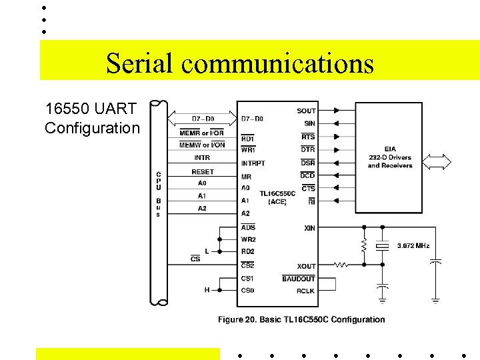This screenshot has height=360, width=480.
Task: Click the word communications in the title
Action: [277, 63]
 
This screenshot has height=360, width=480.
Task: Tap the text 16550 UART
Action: [91, 108]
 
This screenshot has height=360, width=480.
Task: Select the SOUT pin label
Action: [306, 111]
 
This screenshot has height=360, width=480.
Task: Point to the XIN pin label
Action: [309, 228]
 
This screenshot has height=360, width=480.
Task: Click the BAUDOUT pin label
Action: [298, 279]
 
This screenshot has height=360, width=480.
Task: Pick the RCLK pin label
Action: [305, 291]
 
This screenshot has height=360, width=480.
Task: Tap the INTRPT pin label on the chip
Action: [253, 163]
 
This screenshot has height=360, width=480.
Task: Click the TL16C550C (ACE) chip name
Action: [277, 197]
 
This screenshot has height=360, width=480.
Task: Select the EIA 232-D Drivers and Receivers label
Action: [389, 157]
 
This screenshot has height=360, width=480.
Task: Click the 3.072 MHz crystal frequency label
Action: [413, 246]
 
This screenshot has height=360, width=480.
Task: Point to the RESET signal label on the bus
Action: [202, 172]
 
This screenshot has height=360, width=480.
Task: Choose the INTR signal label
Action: [202, 158]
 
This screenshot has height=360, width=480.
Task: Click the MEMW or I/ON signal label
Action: [202, 145]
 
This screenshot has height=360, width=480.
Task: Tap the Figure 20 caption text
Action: [301, 319]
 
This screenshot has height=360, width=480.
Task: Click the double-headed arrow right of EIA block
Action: [437, 162]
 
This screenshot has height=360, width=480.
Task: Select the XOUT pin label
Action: [307, 266]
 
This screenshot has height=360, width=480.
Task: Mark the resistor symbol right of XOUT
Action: [341, 265]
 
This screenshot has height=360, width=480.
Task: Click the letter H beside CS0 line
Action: [207, 290]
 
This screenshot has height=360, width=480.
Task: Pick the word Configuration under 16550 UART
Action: [92, 128]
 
